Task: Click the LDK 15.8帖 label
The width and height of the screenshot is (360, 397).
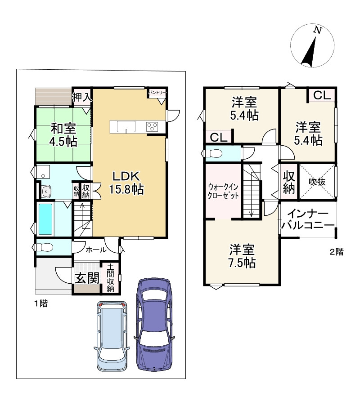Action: coord(126,183)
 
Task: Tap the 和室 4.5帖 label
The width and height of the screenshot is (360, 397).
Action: coord(63,135)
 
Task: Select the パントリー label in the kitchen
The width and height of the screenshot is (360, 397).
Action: coord(157,93)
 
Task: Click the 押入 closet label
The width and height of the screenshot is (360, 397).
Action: coord(81,97)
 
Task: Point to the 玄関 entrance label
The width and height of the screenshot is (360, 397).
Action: coord(87,278)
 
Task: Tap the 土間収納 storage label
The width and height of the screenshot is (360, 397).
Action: coord(110,278)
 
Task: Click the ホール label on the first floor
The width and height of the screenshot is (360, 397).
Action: coord(96,250)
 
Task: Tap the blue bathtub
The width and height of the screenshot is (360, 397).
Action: coord(45,219)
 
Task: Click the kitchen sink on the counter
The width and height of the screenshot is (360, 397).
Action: coord(126,126)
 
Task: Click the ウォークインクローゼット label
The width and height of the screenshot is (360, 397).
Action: coord(223,191)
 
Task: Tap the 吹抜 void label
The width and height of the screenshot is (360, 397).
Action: coord(317,182)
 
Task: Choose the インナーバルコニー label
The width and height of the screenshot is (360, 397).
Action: coord(308,219)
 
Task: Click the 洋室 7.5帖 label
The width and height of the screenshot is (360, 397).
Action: coord(242,256)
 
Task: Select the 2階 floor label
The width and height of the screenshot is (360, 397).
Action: coord(337,252)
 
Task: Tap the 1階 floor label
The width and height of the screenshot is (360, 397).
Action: coord(41,303)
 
